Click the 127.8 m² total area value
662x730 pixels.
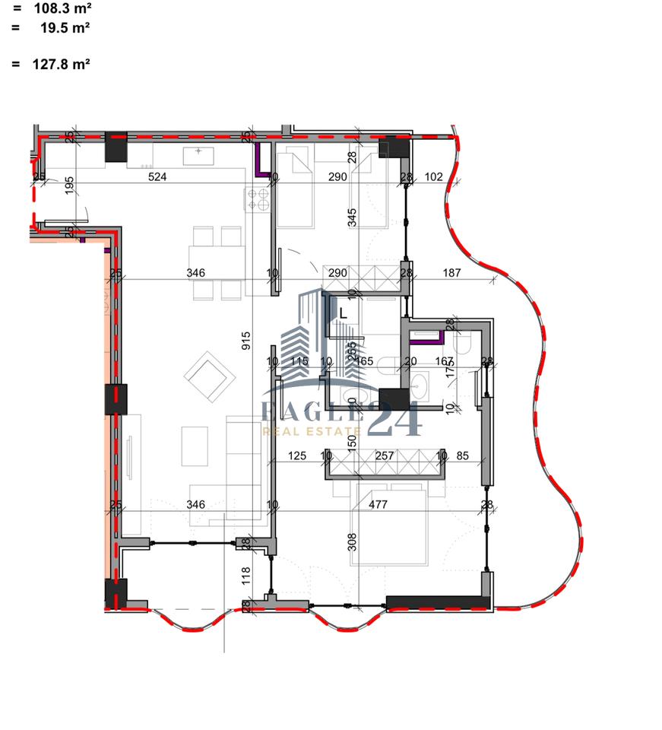point(61,65)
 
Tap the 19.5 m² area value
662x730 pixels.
point(65,28)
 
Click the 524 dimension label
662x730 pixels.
point(157,177)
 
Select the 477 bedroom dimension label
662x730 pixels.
point(378,503)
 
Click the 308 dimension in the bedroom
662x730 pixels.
point(352,541)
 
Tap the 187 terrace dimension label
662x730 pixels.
point(452,272)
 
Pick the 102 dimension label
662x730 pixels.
point(433,177)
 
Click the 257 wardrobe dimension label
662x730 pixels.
point(385,455)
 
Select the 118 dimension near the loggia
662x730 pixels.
point(245,576)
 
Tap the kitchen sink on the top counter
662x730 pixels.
point(199,156)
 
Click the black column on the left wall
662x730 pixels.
point(116,399)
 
